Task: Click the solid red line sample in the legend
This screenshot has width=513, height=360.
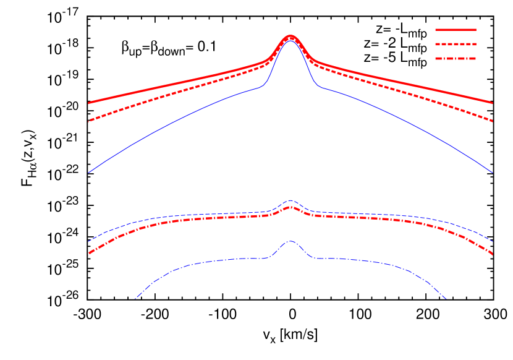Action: [x=456, y=30]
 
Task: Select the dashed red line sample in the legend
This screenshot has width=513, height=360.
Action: [x=456, y=45]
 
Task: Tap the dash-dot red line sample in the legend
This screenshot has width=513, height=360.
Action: [x=456, y=59]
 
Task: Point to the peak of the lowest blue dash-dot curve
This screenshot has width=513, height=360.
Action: [x=290, y=241]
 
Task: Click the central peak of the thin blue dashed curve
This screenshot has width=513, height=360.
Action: [x=290, y=200]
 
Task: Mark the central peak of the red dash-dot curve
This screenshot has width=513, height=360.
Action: [x=290, y=207]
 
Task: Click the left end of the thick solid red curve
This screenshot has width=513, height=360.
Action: [x=88, y=103]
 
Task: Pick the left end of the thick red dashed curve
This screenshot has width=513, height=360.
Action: [x=88, y=121]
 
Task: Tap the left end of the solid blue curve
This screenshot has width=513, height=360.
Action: [x=88, y=173]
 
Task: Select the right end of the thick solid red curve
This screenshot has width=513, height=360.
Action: [x=493, y=103]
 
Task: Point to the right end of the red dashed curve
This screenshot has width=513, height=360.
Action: [x=493, y=121]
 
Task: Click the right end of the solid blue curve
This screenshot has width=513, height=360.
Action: [x=493, y=173]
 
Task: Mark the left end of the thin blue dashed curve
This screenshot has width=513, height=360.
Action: [x=88, y=241]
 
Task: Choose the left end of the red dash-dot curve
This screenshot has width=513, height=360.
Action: [x=88, y=254]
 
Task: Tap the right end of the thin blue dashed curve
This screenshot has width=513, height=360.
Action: [x=493, y=241]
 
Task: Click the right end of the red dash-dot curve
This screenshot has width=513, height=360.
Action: [x=493, y=254]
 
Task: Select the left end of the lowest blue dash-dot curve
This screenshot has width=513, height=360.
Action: [x=135, y=299]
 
